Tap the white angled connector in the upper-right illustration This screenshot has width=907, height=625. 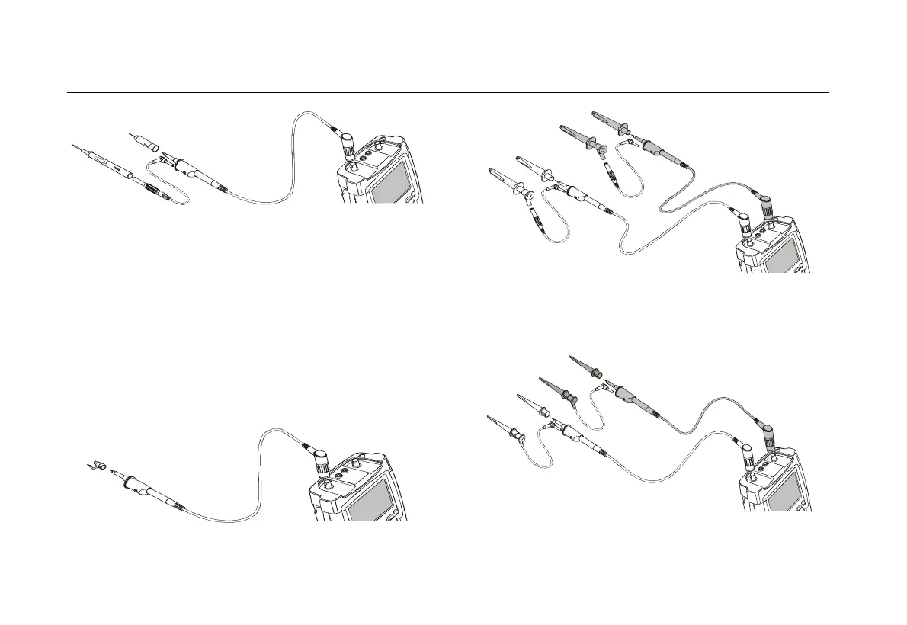coord(742,225)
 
